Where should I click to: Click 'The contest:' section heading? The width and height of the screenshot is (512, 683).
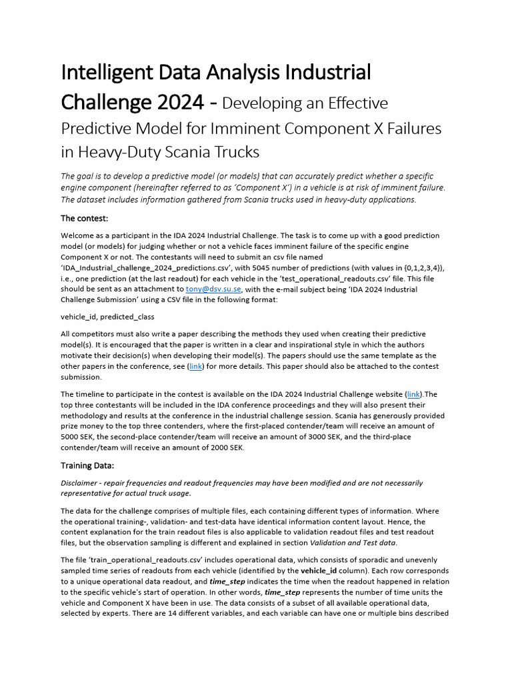(x=84, y=218)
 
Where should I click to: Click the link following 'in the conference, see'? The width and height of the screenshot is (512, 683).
(x=195, y=366)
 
